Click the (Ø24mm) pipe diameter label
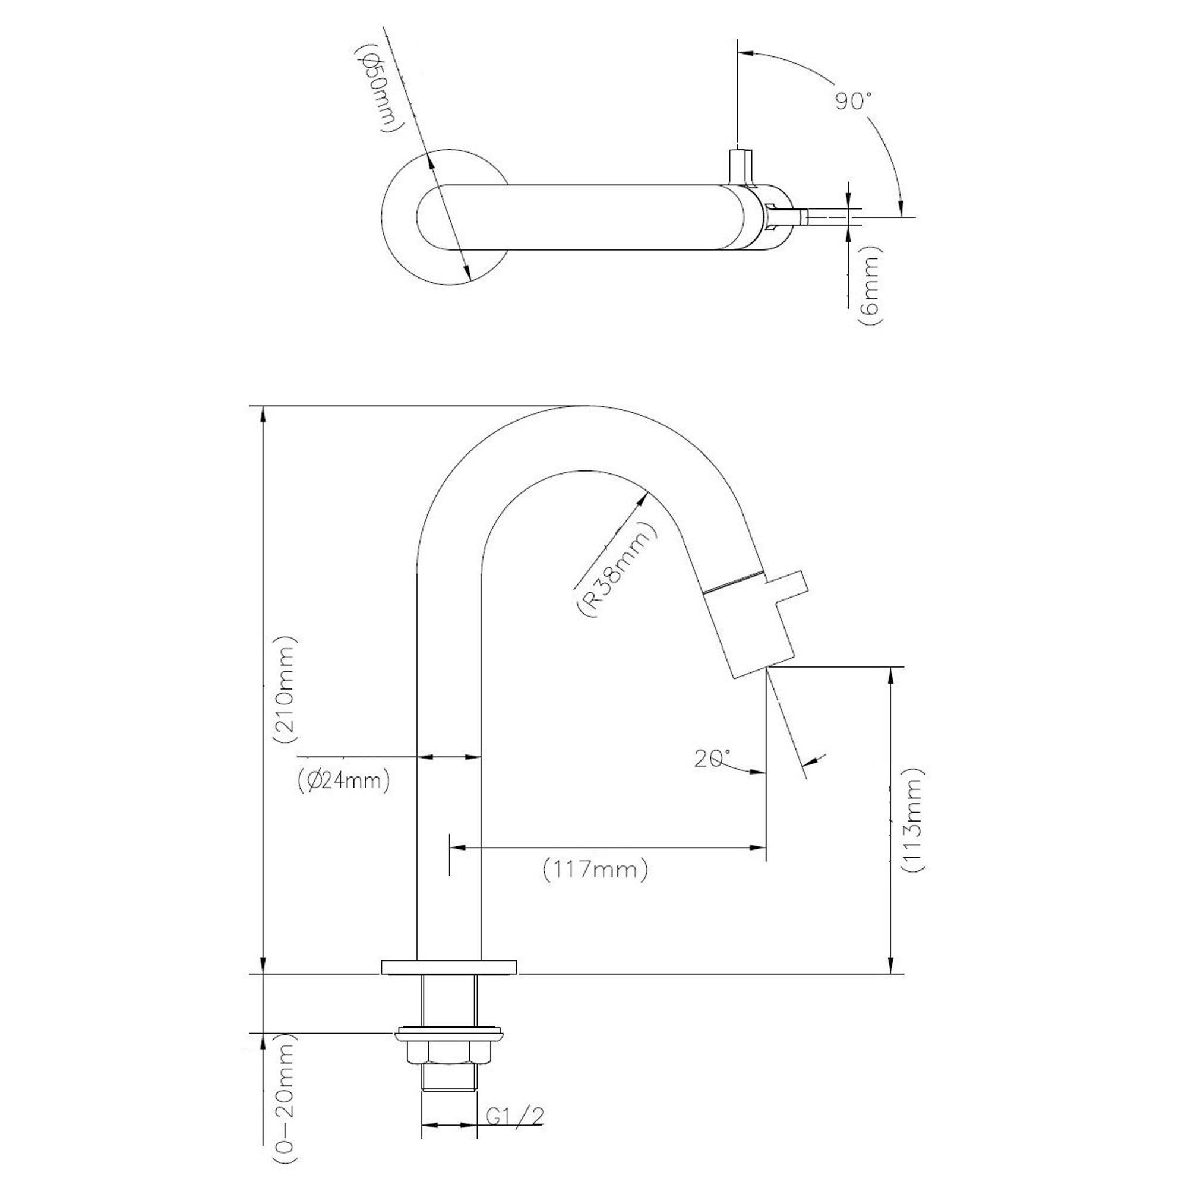(x=343, y=782)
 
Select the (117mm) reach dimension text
(x=595, y=871)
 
